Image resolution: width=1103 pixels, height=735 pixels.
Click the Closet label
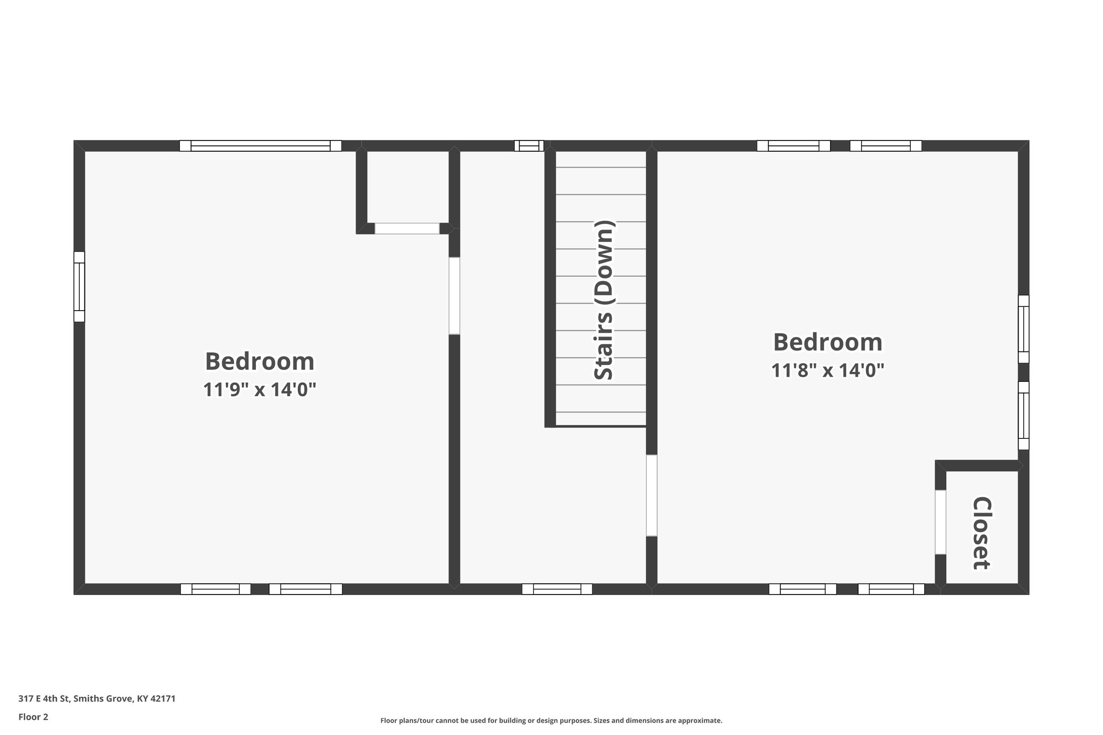981,533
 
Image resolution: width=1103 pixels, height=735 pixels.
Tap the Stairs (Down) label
604,300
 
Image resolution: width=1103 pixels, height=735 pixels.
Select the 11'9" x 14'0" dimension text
259,389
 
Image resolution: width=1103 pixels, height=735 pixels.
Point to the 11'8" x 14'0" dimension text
828,370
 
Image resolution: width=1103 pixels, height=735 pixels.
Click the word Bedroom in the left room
260,361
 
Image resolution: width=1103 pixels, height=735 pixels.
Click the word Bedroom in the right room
828,342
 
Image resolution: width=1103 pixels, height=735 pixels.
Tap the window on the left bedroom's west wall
79,286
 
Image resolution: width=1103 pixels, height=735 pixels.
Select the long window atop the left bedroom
260,146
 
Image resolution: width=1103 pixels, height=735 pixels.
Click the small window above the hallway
528,146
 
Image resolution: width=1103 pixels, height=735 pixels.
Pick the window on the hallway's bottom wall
557,589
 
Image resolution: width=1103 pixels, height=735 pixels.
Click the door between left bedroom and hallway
454,296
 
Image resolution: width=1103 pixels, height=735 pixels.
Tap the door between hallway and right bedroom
651,495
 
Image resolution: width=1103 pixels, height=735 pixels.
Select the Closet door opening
940,522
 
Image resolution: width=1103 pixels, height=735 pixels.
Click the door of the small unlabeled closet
407,228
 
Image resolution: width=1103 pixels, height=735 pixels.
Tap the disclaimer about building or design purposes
551,720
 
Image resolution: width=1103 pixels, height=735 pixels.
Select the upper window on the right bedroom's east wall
1023,329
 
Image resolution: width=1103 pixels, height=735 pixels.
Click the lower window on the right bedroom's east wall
1023,416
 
